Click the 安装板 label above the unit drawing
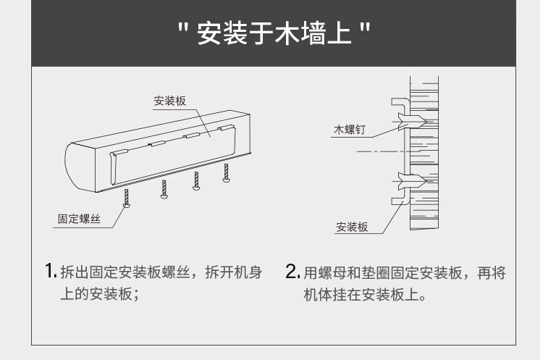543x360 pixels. (x=169, y=101)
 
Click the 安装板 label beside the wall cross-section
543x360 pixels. (x=351, y=227)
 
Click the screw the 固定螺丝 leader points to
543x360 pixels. (x=127, y=197)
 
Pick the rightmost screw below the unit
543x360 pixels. (x=226, y=172)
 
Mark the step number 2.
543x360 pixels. (x=292, y=272)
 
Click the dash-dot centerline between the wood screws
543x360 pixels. (x=376, y=151)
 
